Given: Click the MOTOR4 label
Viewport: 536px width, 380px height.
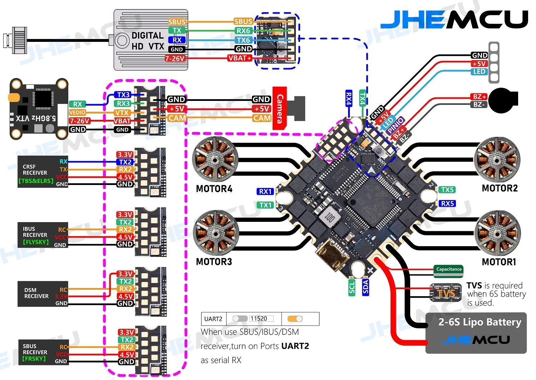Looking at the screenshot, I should tap(214, 189).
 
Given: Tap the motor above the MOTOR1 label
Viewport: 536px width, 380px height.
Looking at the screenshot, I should tap(497, 233).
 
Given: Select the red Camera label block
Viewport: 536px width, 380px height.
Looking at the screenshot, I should tap(279, 108).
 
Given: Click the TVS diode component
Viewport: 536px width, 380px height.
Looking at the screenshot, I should tap(446, 293).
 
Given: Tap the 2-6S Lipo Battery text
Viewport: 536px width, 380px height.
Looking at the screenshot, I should tap(480, 322).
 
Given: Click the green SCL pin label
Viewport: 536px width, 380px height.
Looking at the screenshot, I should tap(352, 287).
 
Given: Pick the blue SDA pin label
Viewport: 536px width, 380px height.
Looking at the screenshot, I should tap(365, 287).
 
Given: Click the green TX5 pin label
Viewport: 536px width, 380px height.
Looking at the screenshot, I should tap(447, 190).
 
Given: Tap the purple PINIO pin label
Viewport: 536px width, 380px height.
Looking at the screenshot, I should tap(395, 126).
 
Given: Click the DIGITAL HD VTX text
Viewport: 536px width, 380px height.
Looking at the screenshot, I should tap(148, 41).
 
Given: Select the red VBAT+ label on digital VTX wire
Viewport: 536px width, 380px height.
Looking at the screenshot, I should tap(240, 58).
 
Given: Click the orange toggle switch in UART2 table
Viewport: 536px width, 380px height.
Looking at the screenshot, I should tap(295, 318).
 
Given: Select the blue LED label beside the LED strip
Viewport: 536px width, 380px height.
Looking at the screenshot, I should tap(479, 72).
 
